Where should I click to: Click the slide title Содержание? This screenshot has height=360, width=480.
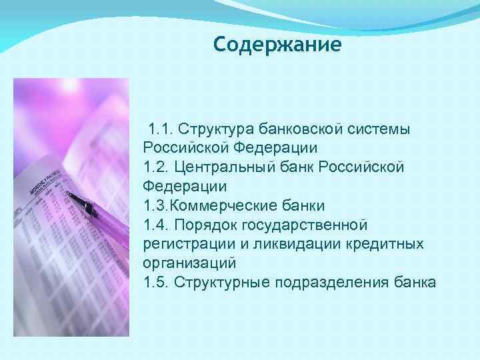point(277,45)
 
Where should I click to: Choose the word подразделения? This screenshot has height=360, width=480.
point(324,282)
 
